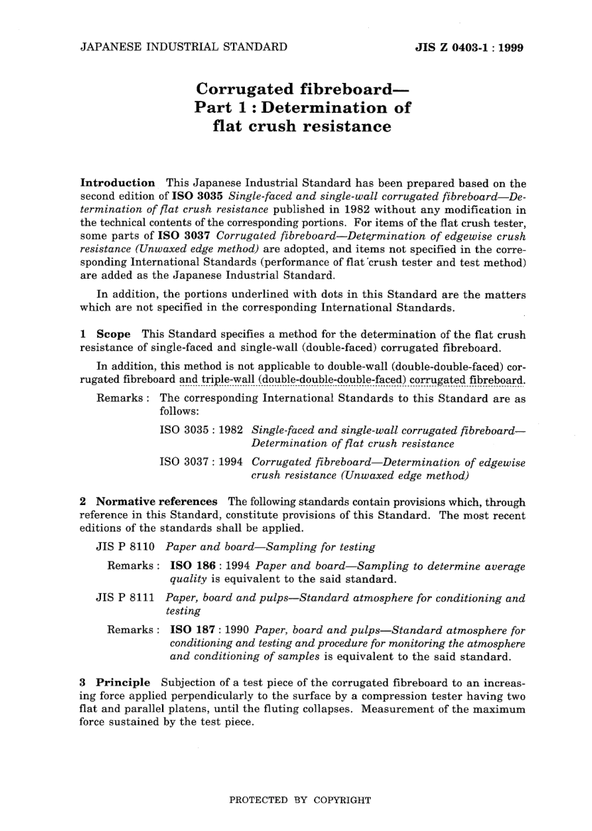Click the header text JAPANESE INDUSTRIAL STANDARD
click(184, 47)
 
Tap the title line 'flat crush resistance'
click(302, 127)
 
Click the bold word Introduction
click(118, 183)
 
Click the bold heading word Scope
click(113, 335)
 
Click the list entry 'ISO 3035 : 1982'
click(201, 431)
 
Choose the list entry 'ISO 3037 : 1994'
click(201, 463)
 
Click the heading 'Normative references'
click(156, 502)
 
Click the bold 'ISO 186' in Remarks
click(193, 567)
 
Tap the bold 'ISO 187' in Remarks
click(193, 630)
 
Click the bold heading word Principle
click(123, 683)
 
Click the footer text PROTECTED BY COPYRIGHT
click(300, 800)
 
